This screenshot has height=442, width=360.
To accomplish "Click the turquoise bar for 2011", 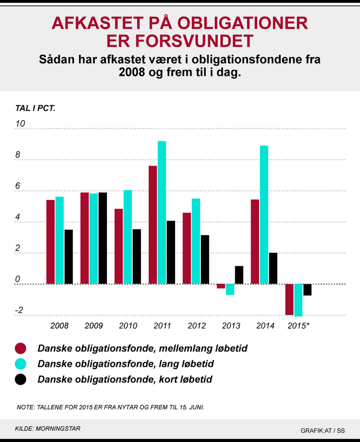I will (x=162, y=212).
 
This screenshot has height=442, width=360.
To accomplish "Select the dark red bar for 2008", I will (x=51, y=242).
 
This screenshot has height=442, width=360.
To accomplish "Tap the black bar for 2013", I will (x=239, y=275).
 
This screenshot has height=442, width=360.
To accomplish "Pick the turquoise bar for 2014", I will (x=264, y=215).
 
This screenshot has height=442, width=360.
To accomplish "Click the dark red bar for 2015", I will (x=289, y=299).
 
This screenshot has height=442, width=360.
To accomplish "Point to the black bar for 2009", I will (x=103, y=238).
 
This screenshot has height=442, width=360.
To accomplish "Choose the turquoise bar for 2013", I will (x=230, y=289).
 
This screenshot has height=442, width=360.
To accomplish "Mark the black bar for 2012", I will (x=205, y=259).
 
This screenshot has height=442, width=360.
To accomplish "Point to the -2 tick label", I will (x=19, y=310).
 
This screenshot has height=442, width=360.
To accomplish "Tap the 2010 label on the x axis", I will (x=128, y=326).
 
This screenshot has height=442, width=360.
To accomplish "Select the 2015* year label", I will (x=298, y=326).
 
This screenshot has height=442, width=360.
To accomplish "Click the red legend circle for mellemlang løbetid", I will (x=21, y=348).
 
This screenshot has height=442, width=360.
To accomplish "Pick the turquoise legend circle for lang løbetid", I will (x=21, y=364).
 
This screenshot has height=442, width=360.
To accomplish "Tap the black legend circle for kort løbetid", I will (x=21, y=379).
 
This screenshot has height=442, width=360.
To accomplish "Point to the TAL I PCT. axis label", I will (x=35, y=108).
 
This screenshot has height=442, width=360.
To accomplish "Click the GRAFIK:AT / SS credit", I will (x=322, y=431).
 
